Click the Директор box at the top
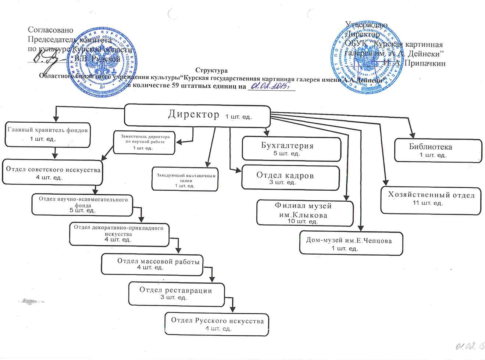[x=197, y=115]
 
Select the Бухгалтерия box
[x=292, y=149]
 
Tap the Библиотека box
[x=438, y=150]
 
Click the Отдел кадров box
[x=290, y=178]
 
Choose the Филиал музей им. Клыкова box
[x=305, y=213]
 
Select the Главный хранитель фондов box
[x=48, y=134]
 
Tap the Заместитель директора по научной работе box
[x=144, y=142]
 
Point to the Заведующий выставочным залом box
[x=185, y=179]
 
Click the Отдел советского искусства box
[x=53, y=173]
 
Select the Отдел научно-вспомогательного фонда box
[x=82, y=205]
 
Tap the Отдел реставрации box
[x=176, y=294]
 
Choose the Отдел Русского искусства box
[x=217, y=324]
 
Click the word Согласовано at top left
[x=51, y=30]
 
